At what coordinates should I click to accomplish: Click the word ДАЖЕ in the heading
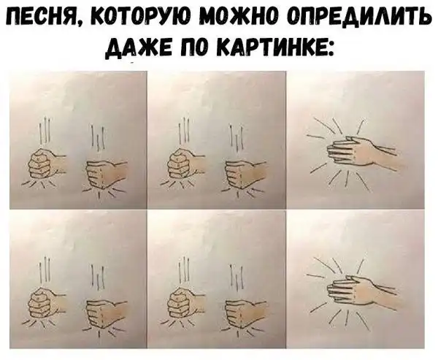point(133,49)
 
